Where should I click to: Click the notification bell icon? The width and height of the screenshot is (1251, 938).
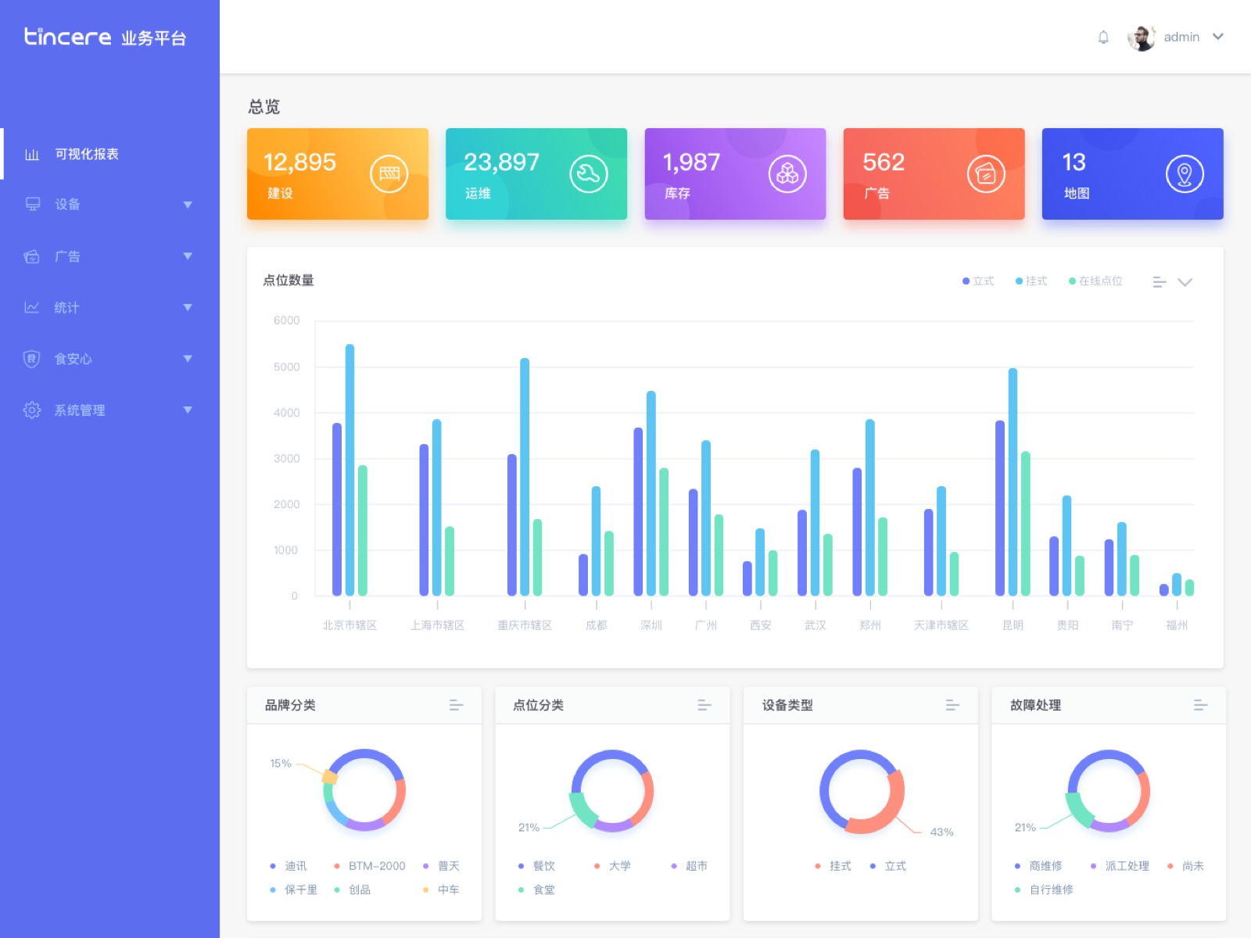click(x=1103, y=37)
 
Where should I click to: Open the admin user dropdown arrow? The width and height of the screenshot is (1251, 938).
click(x=1218, y=37)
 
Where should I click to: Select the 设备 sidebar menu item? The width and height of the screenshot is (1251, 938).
click(x=67, y=205)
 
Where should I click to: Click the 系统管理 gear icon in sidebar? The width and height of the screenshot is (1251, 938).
click(x=32, y=410)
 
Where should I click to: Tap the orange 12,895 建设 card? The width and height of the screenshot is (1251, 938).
click(x=337, y=174)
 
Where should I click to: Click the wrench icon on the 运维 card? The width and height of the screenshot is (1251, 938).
click(x=588, y=174)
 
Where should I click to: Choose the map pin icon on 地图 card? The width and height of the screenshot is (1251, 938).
click(x=1185, y=174)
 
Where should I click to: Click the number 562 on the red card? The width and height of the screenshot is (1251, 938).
click(x=884, y=163)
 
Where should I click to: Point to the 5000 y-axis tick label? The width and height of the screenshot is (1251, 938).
click(x=286, y=367)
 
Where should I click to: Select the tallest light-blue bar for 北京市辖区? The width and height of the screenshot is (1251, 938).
click(x=349, y=469)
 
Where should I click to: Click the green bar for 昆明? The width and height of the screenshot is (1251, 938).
click(x=1025, y=524)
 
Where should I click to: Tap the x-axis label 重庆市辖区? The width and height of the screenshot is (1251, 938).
click(x=525, y=625)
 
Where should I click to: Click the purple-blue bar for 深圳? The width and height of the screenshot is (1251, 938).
click(x=638, y=512)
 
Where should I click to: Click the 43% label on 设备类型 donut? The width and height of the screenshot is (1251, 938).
click(x=941, y=832)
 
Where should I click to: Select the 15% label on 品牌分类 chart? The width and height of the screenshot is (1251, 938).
click(x=280, y=764)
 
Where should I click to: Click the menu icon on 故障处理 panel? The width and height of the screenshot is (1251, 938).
click(x=1200, y=705)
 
